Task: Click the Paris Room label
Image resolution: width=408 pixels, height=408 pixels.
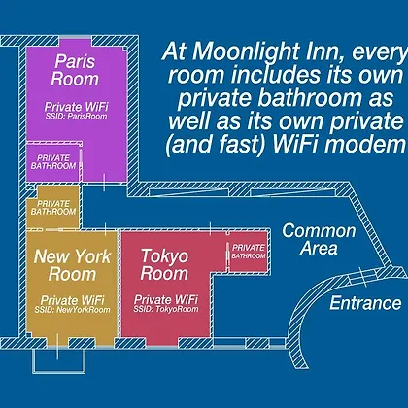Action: coord(75,70)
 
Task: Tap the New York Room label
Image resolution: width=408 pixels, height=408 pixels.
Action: coord(73,265)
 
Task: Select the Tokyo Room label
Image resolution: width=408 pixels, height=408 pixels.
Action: coord(164,264)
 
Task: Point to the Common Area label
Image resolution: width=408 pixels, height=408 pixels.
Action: coord(319,239)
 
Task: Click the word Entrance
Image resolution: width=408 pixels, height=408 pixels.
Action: coord(365,303)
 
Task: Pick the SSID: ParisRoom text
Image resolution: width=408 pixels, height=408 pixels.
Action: coord(76,117)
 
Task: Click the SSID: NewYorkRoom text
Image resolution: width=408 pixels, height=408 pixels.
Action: coord(73,310)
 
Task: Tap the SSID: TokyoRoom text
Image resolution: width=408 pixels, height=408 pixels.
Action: coord(166,309)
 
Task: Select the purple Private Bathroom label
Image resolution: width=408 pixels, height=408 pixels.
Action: coord(53,162)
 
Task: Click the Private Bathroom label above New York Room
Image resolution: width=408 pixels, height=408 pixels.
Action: coord(53,208)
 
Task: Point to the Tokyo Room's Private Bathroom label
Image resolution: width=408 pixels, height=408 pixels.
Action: coord(249,252)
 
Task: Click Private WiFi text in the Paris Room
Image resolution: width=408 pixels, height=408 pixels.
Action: coord(77,107)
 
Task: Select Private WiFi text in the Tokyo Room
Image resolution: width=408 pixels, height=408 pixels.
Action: coord(166,299)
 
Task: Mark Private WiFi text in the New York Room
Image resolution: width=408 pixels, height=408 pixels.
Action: coord(73,300)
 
